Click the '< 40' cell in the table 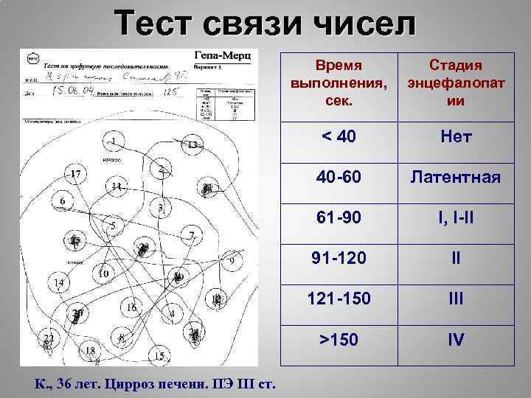[x=339, y=137]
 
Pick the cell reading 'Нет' [x=456, y=137]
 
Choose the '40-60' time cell [x=339, y=178]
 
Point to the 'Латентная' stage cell [x=456, y=178]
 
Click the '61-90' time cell [x=339, y=218]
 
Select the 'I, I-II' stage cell [x=456, y=218]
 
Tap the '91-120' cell [x=339, y=259]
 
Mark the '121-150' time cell [x=339, y=300]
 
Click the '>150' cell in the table [x=339, y=341]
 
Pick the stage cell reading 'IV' [x=456, y=341]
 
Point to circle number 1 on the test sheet [x=114, y=140]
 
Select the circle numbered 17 [x=76, y=175]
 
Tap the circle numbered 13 [x=192, y=145]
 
